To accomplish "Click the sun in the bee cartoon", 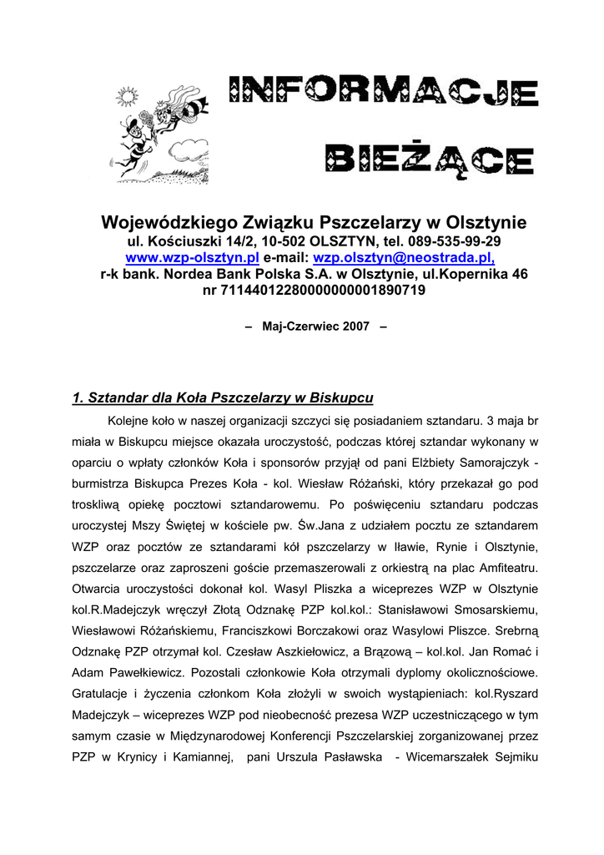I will point(126,97).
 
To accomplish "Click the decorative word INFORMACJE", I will point(385,94).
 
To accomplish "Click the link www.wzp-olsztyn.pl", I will point(192,257).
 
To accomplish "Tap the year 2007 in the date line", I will point(355,326).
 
